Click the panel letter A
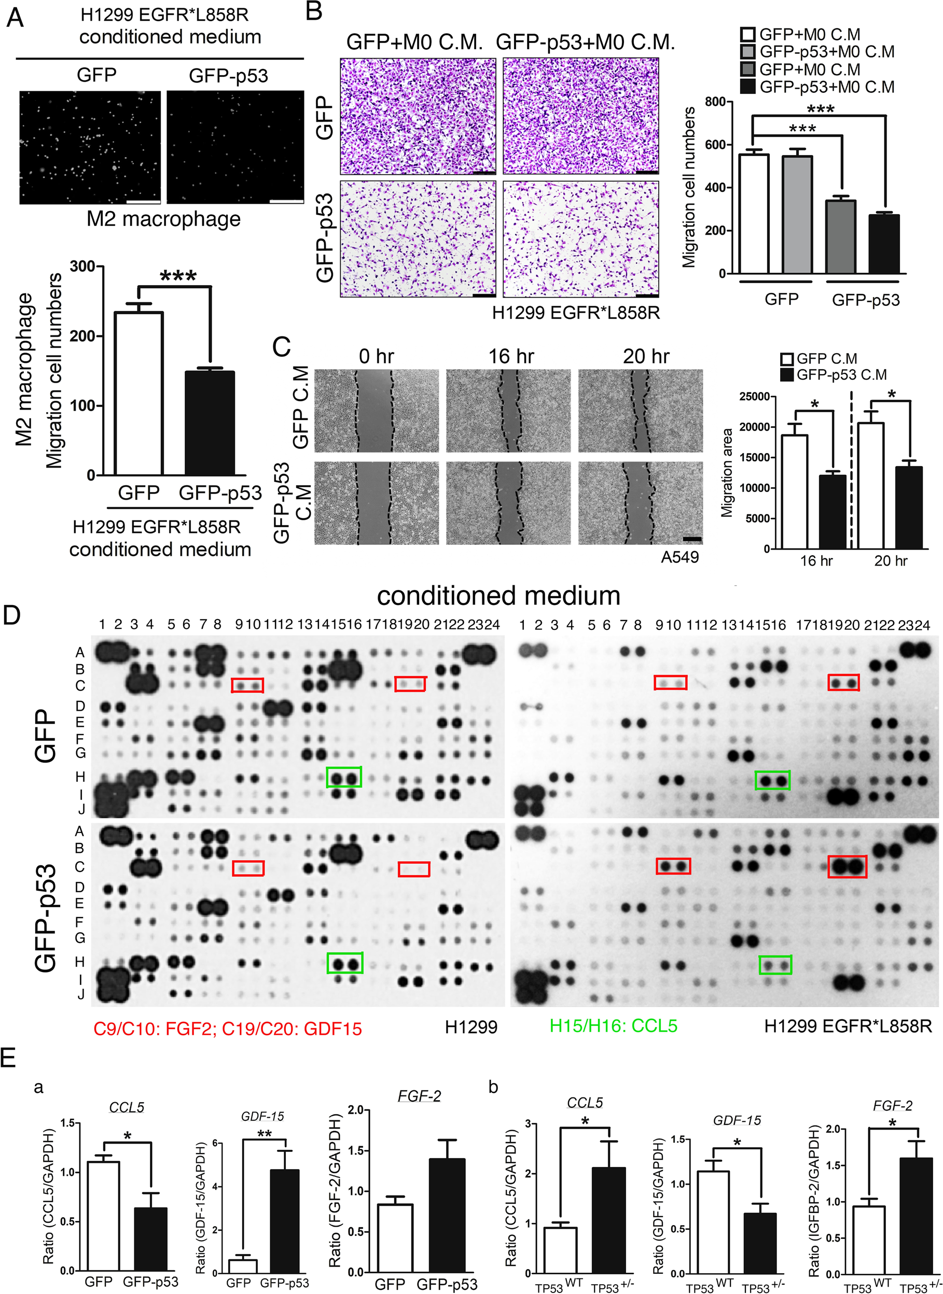(15, 18)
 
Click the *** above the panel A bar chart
(178, 277)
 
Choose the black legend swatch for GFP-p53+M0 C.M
(747, 87)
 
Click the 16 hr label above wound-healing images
(511, 357)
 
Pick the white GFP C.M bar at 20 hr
(870, 485)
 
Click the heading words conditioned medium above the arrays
(498, 596)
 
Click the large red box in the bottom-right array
(847, 867)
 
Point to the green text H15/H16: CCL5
(613, 1025)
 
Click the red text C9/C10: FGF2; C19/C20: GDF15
(228, 1028)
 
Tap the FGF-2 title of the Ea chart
(420, 1095)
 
